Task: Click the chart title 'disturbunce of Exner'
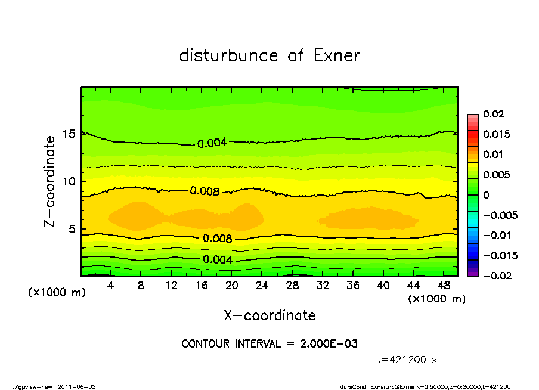point(269,55)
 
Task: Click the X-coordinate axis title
point(269,315)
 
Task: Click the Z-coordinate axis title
point(50,181)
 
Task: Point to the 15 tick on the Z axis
point(70,134)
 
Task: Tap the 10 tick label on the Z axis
point(70,181)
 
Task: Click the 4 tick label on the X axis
point(111,286)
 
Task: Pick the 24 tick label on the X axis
point(262,286)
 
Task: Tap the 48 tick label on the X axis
point(443,286)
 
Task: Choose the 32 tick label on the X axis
point(323,286)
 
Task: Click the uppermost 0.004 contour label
point(212,143)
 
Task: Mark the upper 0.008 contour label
point(205,191)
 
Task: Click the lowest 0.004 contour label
point(218,259)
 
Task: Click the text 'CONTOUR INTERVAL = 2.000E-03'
point(269,344)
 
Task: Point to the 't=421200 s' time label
point(407,360)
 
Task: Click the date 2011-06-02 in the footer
point(77,386)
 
